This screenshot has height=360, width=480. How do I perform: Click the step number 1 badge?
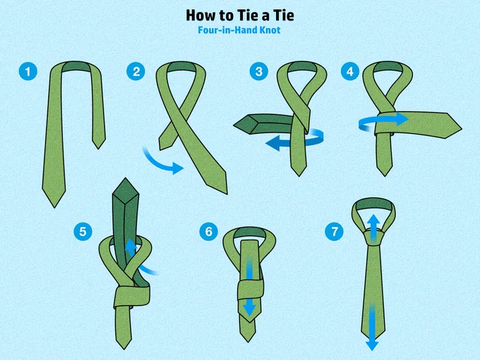click(x=28, y=71)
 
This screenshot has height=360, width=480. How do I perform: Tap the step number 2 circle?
click(x=136, y=71)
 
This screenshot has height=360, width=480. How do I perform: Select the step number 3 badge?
click(x=259, y=71)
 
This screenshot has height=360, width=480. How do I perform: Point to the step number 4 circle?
click(x=350, y=71)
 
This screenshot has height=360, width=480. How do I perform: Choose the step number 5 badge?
click(x=83, y=231)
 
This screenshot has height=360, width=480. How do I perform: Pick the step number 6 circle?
click(x=208, y=231)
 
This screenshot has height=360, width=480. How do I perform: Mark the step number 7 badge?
click(x=335, y=231)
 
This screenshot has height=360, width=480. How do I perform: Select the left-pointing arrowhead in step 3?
click(x=273, y=143)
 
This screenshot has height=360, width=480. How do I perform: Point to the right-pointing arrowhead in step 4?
click(x=401, y=119)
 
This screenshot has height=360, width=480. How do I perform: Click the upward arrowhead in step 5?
click(x=131, y=245)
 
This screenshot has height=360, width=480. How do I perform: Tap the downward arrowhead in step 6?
click(x=249, y=307)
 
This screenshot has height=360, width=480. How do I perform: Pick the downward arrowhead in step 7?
click(x=372, y=345)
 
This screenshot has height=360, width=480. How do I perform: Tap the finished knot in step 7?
click(x=373, y=237)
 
